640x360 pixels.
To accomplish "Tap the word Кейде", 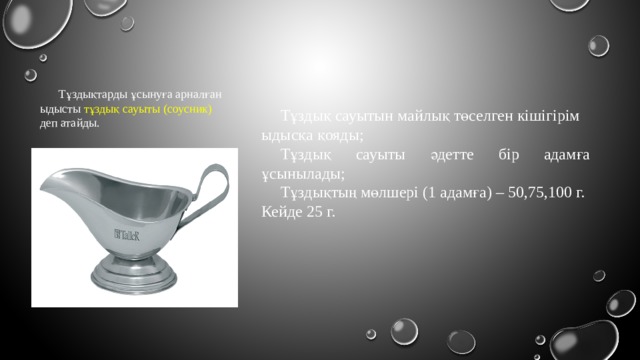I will coord(282,213).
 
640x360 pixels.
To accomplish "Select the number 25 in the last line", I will coord(319,213).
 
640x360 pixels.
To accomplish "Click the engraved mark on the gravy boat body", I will coord(127,236).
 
